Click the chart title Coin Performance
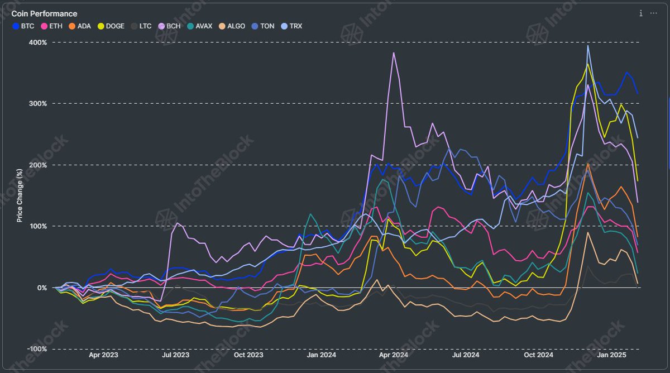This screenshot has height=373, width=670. click(44, 13)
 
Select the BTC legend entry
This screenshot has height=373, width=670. click(23, 26)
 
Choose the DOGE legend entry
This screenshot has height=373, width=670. click(110, 26)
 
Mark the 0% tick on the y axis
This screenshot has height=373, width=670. click(42, 288)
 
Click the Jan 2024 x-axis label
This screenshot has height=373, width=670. click(320, 355)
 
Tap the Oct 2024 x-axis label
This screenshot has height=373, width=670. click(538, 355)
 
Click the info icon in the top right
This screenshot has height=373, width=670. click(640, 13)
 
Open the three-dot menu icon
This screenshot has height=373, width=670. click(654, 13)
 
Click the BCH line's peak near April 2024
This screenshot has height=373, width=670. click(394, 53)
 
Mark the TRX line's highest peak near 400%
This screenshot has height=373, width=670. click(588, 46)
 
